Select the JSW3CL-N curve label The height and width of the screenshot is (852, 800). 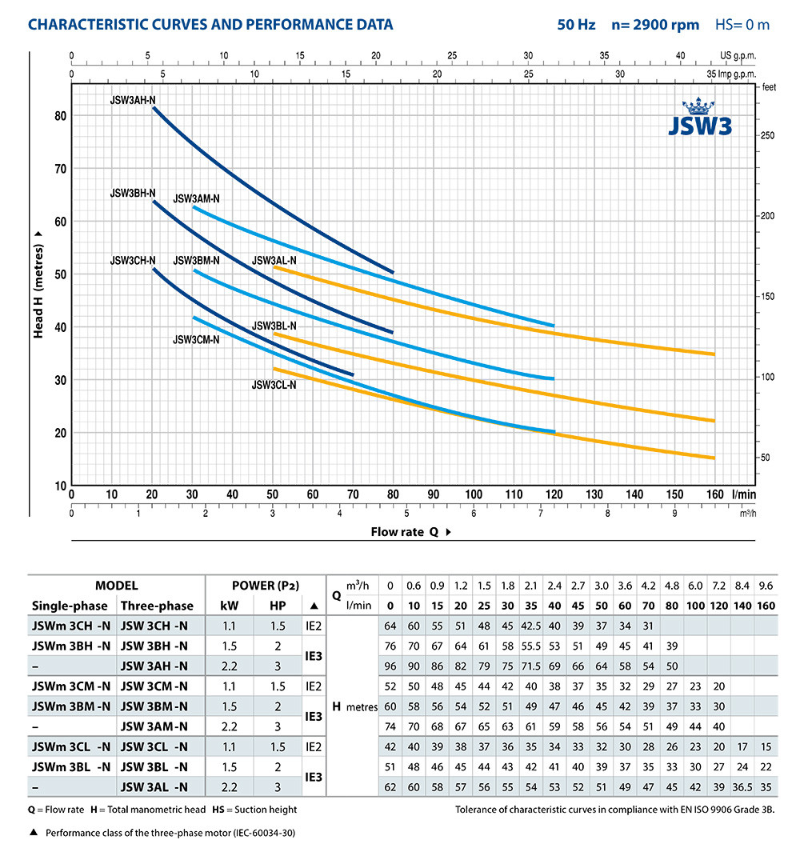[x=274, y=385]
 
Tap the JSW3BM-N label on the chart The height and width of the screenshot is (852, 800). [x=196, y=261]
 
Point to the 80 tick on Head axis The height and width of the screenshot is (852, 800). [x=59, y=115]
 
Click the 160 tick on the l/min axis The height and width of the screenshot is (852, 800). [x=714, y=494]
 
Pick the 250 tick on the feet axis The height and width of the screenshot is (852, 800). [x=768, y=135]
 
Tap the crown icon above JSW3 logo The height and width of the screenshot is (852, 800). [x=701, y=107]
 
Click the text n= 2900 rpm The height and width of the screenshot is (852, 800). [x=654, y=25]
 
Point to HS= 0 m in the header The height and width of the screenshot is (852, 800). [x=742, y=25]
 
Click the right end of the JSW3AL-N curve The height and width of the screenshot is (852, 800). [x=714, y=354]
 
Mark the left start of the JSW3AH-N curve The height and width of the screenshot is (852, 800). [x=154, y=107]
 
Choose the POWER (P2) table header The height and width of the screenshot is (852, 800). [x=266, y=586]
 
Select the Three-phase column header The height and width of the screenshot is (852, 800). [x=156, y=605]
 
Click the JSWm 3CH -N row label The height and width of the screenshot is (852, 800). [x=70, y=626]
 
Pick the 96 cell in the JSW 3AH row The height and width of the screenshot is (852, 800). [x=391, y=666]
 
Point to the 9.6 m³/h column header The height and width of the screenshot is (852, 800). [x=766, y=586]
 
